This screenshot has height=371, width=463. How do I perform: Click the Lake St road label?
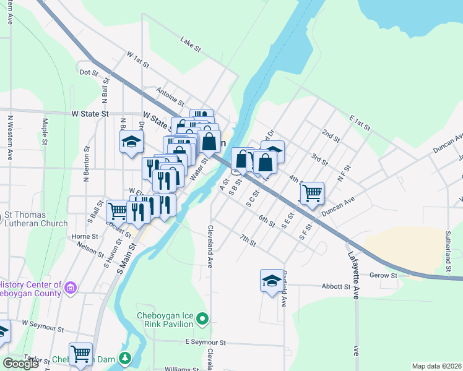pyautogui.click(x=188, y=41)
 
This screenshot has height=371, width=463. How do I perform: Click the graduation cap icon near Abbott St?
pyautogui.click(x=271, y=281)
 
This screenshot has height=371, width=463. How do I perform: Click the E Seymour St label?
pyautogui.click(x=206, y=343)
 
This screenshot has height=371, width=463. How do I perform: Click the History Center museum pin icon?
pyautogui.click(x=71, y=287)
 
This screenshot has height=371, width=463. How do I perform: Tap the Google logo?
pyautogui.click(x=20, y=363)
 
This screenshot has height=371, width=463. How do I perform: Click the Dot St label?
pyautogui.click(x=89, y=72)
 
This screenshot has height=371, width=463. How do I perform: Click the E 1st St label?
pyautogui.click(x=359, y=122)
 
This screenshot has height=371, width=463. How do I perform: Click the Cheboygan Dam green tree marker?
pyautogui.click(x=126, y=358)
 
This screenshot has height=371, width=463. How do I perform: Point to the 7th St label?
pyautogui.click(x=248, y=241)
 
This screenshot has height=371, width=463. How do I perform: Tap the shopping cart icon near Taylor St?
pyautogui.click(x=80, y=354)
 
